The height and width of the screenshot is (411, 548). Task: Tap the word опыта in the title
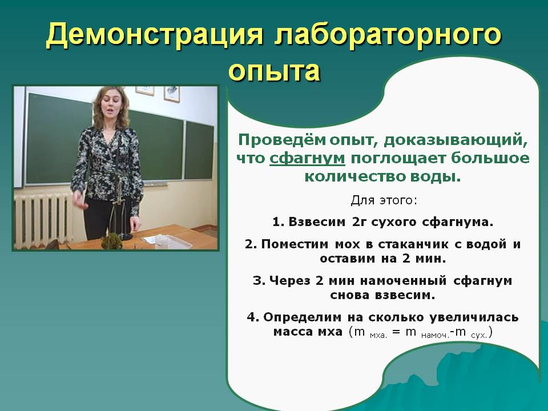pyautogui.click(x=275, y=72)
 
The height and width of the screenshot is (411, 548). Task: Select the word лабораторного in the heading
pyautogui.click(x=388, y=35)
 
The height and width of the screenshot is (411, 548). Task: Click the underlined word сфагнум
pyautogui.click(x=307, y=159)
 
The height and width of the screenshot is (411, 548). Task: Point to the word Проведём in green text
pyautogui.click(x=281, y=140)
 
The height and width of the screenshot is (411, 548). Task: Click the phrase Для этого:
pyautogui.click(x=384, y=200)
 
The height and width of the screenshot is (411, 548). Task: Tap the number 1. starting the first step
pyautogui.click(x=278, y=222)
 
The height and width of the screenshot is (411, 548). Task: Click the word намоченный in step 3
pyautogui.click(x=403, y=281)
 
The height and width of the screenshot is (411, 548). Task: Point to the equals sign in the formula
pyautogui.click(x=396, y=332)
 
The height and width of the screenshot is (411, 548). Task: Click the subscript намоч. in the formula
pyautogui.click(x=435, y=336)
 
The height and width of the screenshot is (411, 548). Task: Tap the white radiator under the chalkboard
pyautogui.click(x=42, y=220)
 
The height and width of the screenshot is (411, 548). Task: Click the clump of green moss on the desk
pyautogui.click(x=112, y=240)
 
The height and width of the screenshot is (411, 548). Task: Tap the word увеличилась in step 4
pyautogui.click(x=474, y=318)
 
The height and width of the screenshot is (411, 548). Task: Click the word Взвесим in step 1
pyautogui.click(x=317, y=222)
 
